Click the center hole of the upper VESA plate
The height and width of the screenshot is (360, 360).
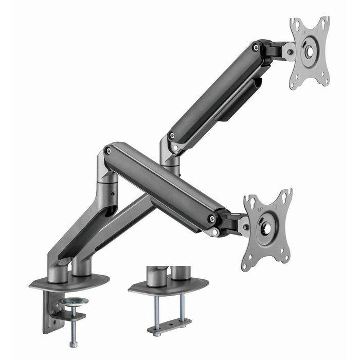(x=310, y=51)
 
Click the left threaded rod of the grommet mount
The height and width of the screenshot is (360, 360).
(x=155, y=308)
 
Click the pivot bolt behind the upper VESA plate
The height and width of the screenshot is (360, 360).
(x=291, y=51)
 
